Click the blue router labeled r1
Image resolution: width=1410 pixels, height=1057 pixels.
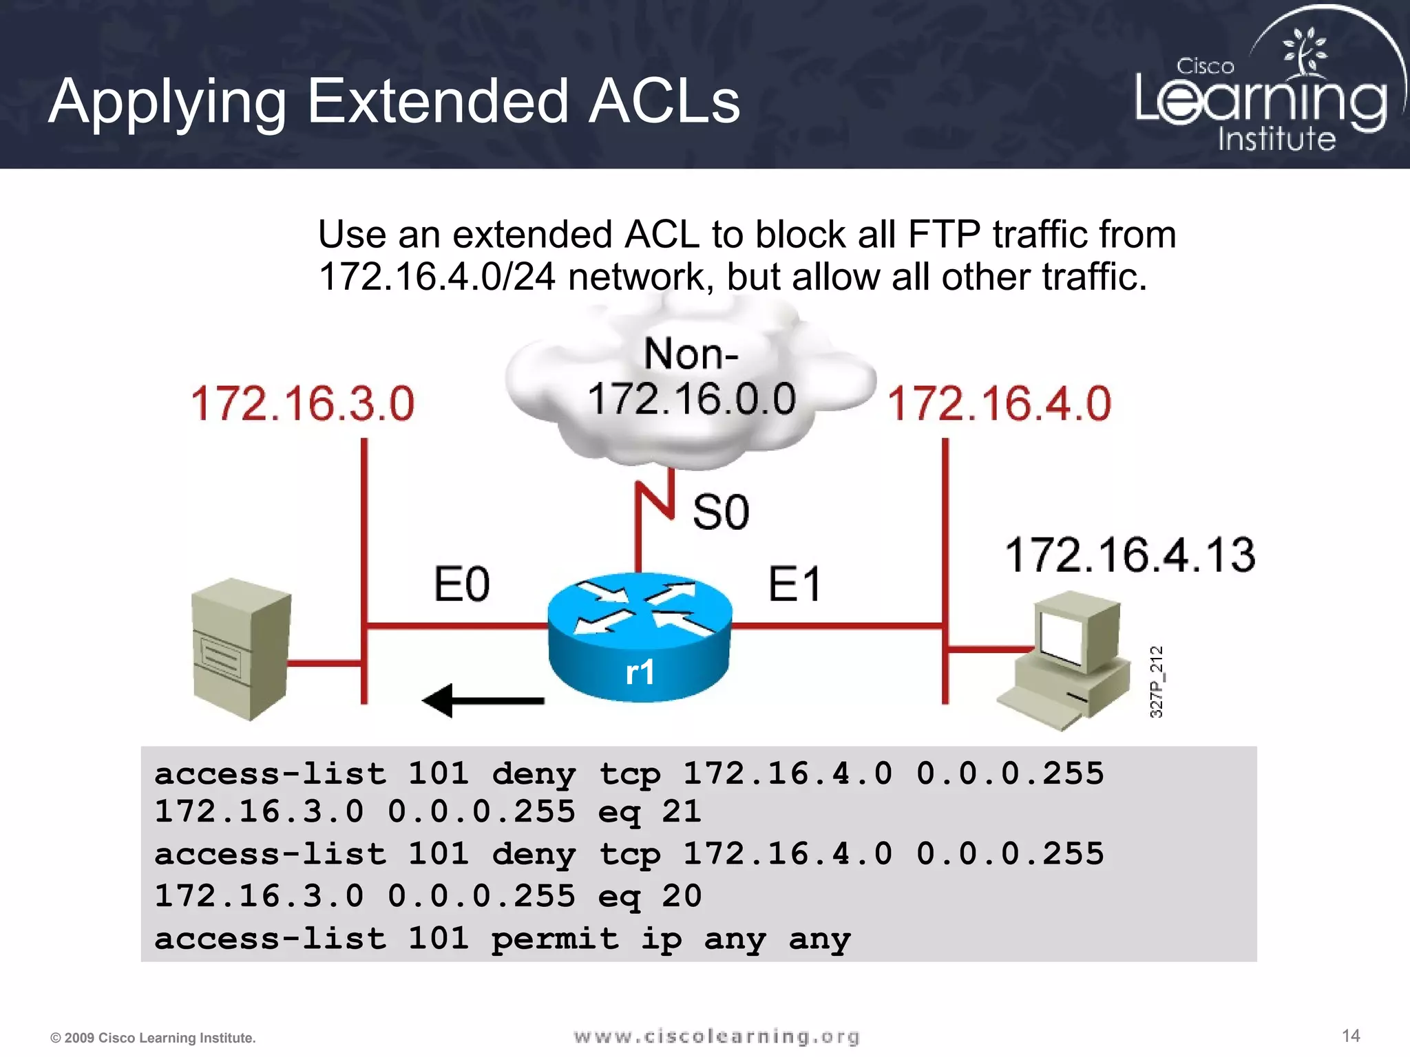(639, 637)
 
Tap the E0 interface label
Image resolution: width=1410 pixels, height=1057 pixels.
(461, 584)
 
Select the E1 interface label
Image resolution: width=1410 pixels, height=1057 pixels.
(794, 584)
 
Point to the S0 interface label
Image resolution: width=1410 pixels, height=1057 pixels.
(720, 512)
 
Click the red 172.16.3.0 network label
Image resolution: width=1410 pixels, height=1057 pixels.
(303, 403)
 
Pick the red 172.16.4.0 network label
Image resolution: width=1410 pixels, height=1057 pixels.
(999, 403)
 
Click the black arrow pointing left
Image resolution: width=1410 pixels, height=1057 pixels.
(483, 701)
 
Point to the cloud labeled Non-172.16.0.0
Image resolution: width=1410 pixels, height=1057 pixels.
(691, 385)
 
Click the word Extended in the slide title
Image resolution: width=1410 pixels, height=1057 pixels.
(437, 102)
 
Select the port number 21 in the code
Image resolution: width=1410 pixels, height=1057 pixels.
(681, 811)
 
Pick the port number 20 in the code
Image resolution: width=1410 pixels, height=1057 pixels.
(681, 895)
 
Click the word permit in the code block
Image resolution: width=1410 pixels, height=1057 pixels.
(555, 939)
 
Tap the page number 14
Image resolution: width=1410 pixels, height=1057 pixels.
(1351, 1036)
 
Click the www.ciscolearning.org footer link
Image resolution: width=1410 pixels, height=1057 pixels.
(717, 1036)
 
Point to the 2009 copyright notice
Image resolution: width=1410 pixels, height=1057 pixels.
(153, 1038)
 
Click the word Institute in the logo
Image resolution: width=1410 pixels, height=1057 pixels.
(1276, 139)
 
